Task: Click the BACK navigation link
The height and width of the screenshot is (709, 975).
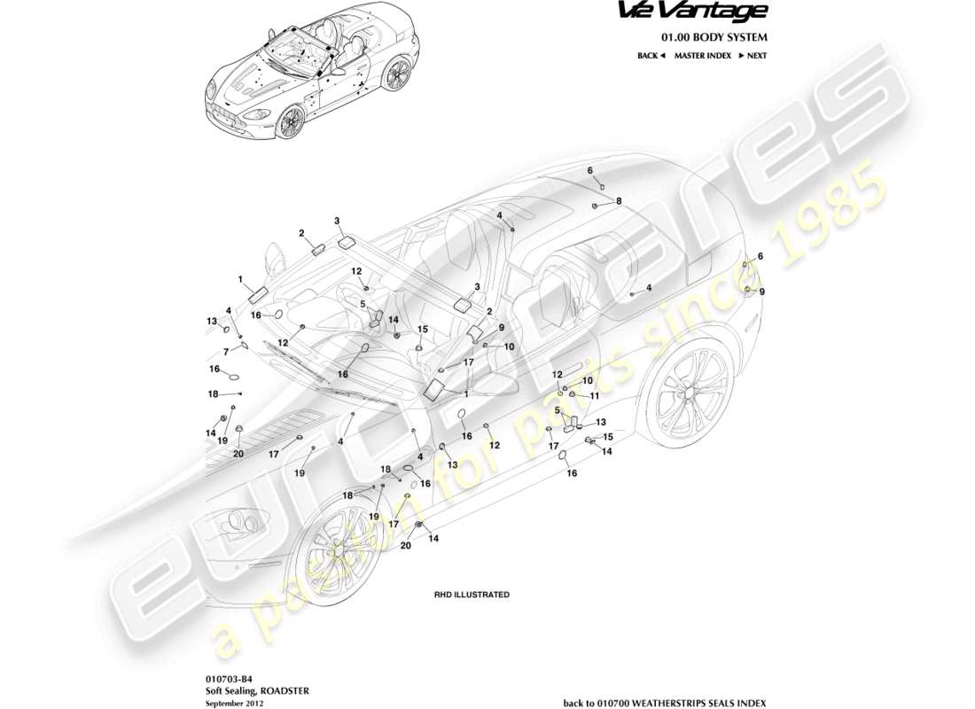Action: (651, 55)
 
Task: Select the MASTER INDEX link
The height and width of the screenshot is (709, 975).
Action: (702, 55)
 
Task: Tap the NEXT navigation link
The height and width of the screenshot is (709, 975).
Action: (753, 55)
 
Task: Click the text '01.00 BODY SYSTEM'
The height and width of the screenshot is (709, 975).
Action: (714, 37)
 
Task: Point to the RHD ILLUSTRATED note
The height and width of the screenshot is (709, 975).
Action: (471, 595)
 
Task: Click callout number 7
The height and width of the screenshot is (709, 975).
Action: (226, 352)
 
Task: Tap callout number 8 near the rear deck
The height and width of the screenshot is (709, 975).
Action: (619, 201)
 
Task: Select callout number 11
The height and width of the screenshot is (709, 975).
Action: (596, 395)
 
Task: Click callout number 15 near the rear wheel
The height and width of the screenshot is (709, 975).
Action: (608, 437)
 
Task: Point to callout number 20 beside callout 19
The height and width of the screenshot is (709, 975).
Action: (238, 454)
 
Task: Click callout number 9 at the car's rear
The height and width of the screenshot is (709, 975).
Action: (761, 291)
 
